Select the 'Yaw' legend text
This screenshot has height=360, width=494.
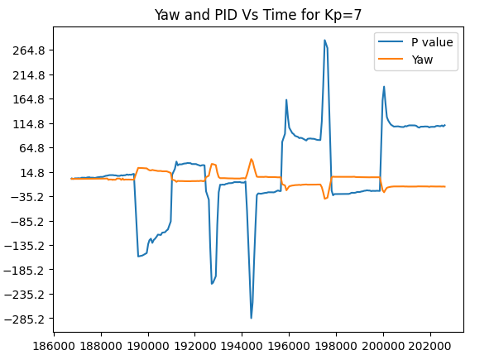pyautogui.click(x=422, y=59)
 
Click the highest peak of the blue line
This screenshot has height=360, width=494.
pyautogui.click(x=324, y=40)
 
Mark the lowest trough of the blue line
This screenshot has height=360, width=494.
pyautogui.click(x=251, y=318)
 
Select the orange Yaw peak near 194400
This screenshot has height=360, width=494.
pyautogui.click(x=252, y=160)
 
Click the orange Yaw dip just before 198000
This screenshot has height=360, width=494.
pyautogui.click(x=325, y=199)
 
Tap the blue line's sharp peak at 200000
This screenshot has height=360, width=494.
pyautogui.click(x=384, y=86)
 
